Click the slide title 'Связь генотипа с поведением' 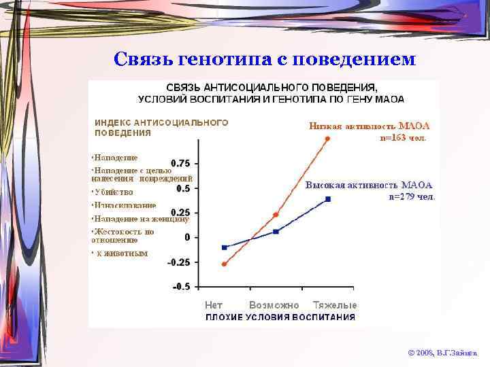(264, 59)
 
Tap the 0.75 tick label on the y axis (180, 163)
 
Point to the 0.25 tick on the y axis (180, 212)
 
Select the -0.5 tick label (181, 287)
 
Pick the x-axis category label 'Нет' (214, 305)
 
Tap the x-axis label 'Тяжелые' (335, 305)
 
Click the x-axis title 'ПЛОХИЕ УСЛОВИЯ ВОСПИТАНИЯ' (280, 317)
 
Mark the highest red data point (327, 139)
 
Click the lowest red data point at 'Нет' (224, 264)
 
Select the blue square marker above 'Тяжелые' (328, 199)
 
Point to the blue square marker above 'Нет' (224, 247)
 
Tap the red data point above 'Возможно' (276, 215)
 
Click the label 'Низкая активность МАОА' (369, 126)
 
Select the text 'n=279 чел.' (411, 196)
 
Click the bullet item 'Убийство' (114, 192)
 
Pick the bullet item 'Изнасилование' (125, 205)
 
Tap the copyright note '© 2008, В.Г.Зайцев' (442, 353)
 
